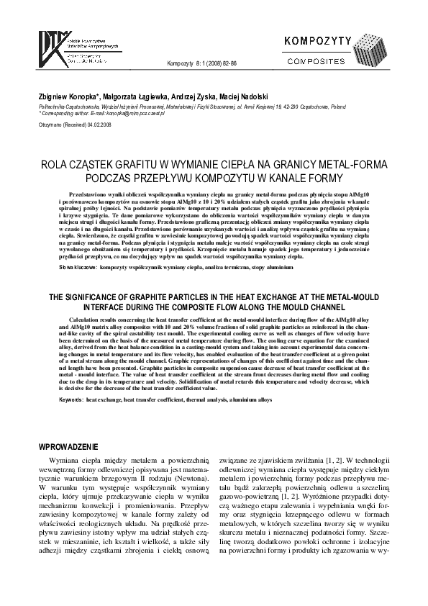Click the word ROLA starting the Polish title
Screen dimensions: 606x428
[58, 163]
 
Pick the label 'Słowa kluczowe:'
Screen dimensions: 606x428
[58, 266]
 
